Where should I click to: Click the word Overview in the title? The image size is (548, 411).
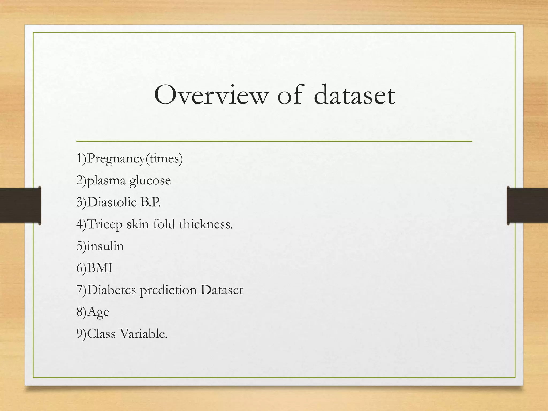click(x=211, y=95)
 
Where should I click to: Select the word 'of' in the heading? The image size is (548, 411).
click(x=290, y=95)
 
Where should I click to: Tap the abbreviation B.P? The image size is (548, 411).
click(x=150, y=202)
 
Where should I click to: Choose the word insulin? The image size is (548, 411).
click(x=105, y=246)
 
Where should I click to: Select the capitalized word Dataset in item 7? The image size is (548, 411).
click(x=222, y=290)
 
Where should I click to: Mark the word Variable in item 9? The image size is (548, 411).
click(x=143, y=334)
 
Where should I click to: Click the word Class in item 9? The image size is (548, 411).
click(x=101, y=334)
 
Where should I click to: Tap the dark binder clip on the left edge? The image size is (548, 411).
click(x=20, y=205)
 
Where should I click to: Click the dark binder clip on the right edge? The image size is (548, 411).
click(x=527, y=205)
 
